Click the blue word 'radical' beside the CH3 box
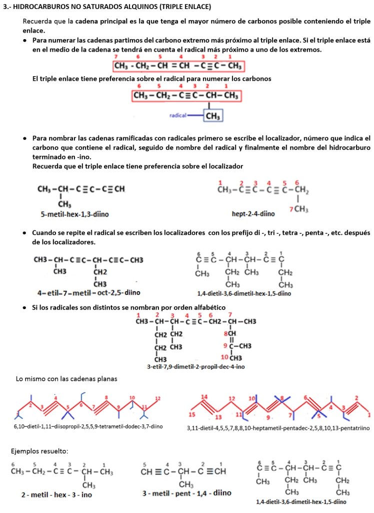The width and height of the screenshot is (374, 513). point(177,115)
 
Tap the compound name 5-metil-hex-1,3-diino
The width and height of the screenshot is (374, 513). point(75,214)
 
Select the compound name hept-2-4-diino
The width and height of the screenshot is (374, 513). point(253,213)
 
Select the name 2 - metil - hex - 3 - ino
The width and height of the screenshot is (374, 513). point(56,494)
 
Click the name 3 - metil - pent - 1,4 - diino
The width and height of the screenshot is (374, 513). point(186,493)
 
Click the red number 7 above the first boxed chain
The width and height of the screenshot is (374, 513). point(116,57)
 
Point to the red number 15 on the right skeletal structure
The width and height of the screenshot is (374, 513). point(192,415)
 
